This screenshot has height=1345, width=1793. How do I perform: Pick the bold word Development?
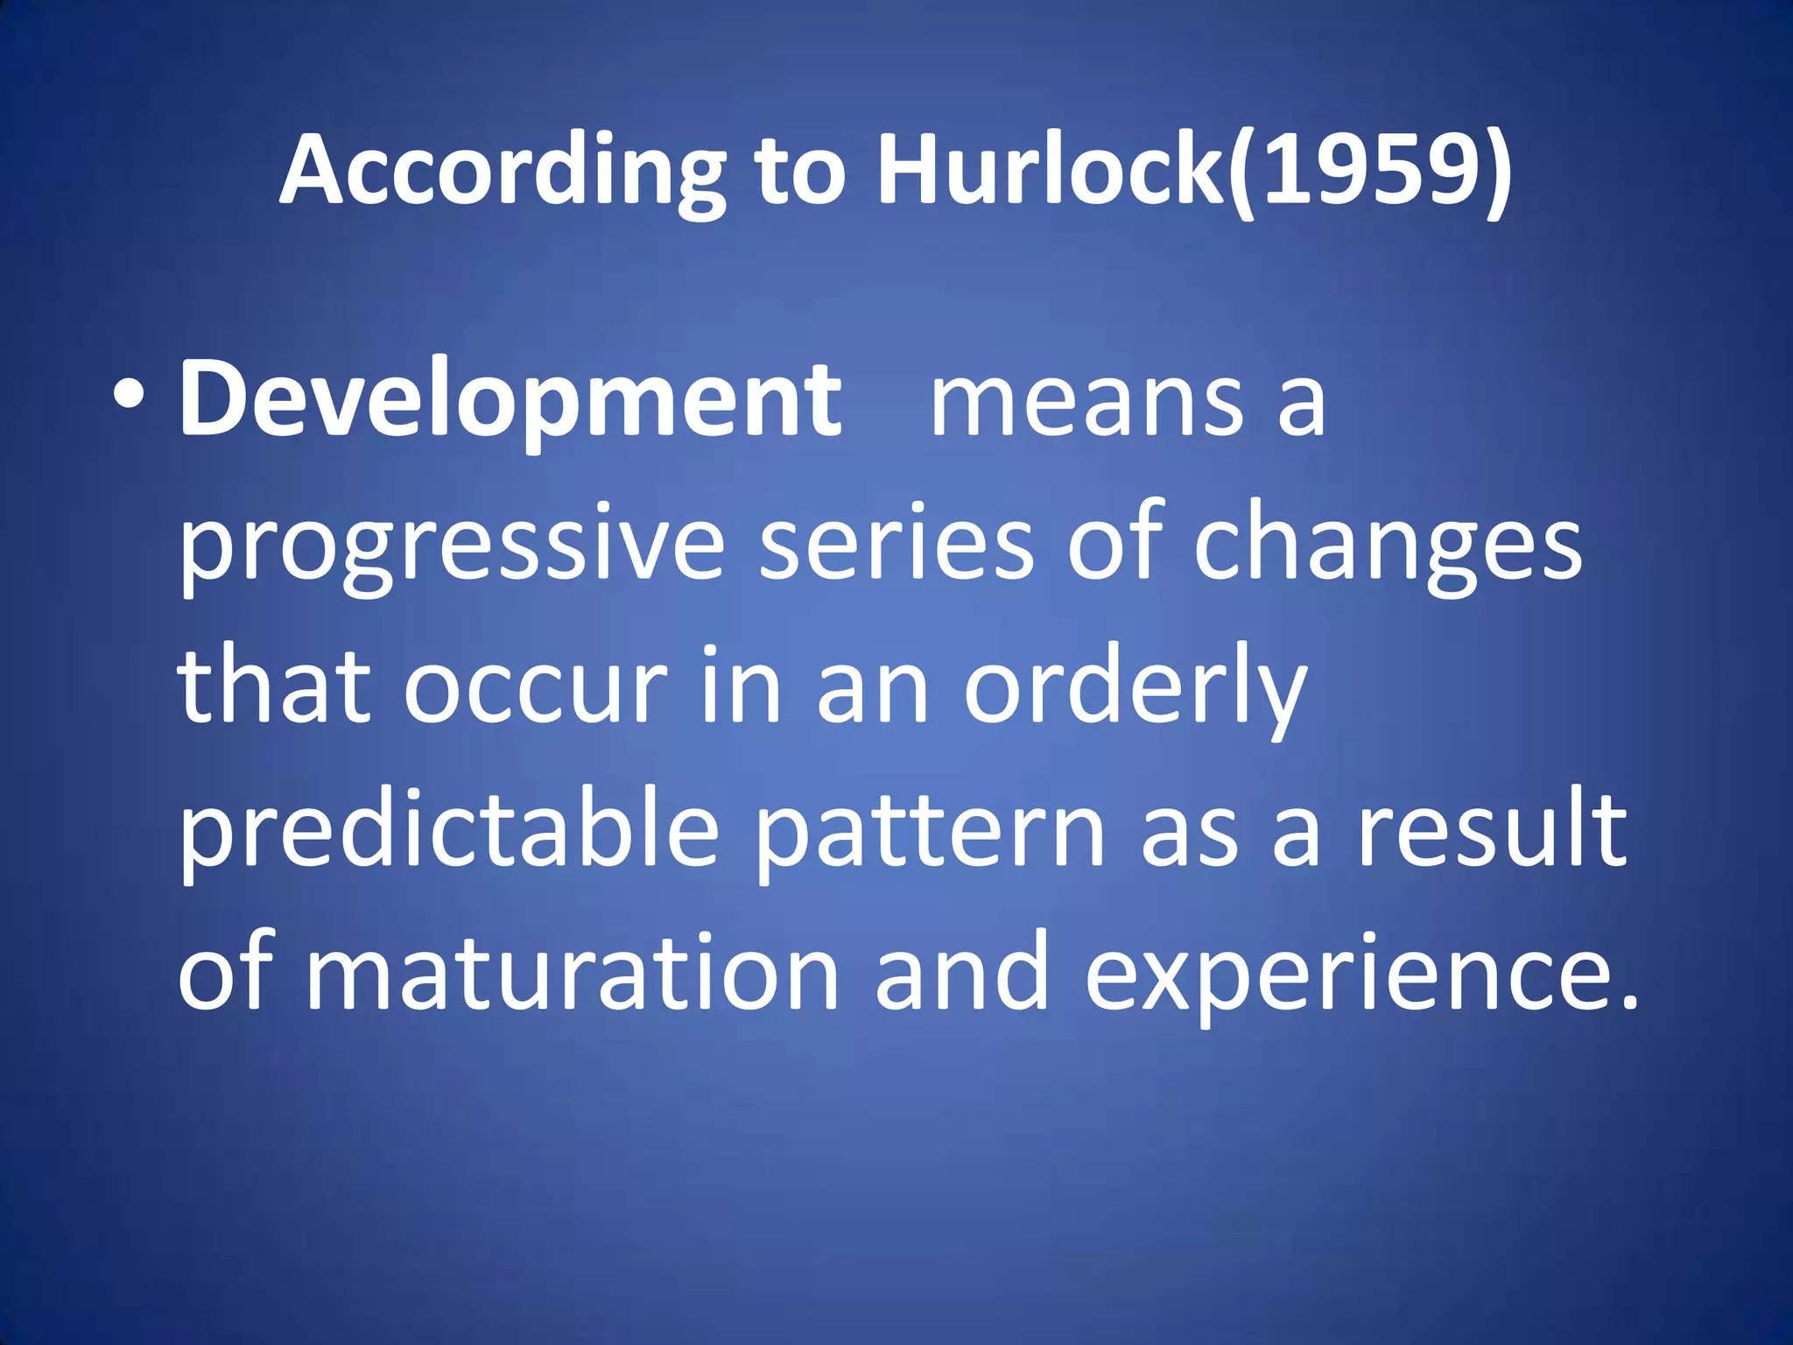[x=510, y=401]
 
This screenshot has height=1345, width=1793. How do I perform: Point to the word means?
[x=1086, y=401]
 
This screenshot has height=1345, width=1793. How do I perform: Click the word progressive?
[x=452, y=547]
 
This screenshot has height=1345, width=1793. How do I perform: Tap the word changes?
[x=1388, y=547]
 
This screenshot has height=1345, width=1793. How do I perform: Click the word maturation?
[x=572, y=972]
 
